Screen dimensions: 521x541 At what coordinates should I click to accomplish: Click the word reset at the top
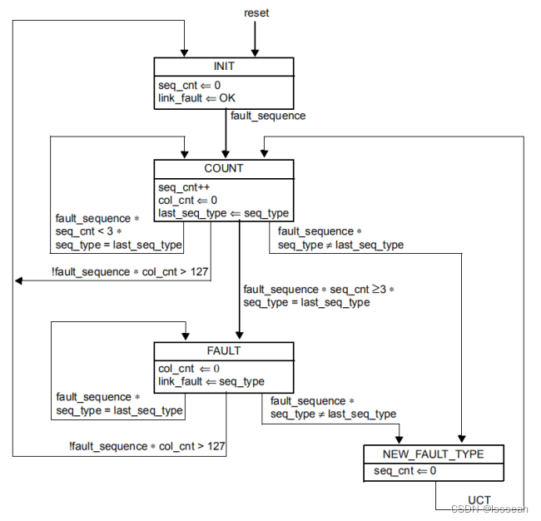(256, 12)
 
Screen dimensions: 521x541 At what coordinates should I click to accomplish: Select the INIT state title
(224, 67)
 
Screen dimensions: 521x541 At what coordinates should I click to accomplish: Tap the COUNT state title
(224, 168)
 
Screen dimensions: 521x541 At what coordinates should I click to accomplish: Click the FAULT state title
(224, 350)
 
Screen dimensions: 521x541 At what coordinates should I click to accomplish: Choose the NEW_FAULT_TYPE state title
(433, 454)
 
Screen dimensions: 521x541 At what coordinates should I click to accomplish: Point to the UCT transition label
(479, 500)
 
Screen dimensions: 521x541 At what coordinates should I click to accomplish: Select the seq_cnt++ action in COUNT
(180, 187)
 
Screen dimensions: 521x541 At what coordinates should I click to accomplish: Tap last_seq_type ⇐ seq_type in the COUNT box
(223, 213)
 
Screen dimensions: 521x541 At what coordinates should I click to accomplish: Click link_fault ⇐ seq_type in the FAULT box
(211, 381)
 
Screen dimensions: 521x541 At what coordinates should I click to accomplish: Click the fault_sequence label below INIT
(268, 116)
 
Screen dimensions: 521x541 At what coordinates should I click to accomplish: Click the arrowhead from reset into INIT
(256, 52)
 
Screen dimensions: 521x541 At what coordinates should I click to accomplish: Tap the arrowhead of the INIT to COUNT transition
(225, 155)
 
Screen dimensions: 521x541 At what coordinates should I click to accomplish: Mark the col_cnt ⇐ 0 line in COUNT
(187, 201)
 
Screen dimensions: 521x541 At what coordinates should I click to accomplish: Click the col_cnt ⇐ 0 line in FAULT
(188, 369)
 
